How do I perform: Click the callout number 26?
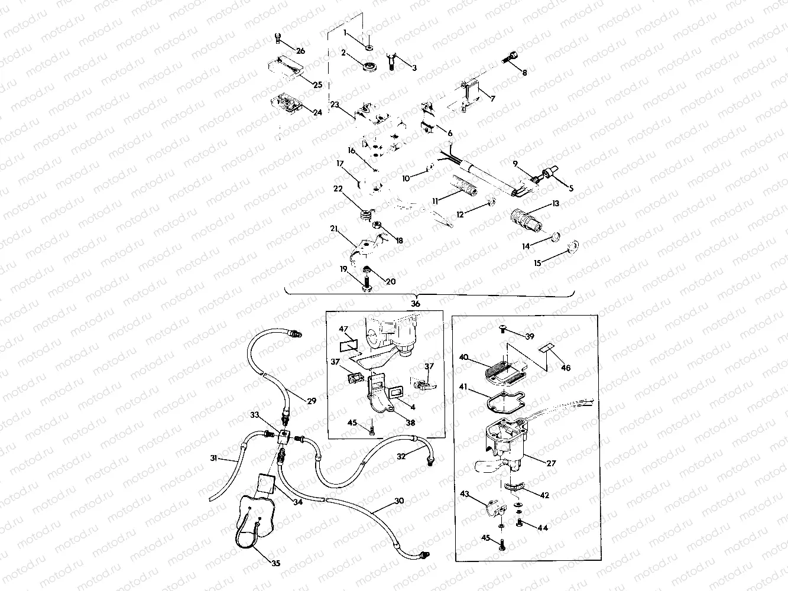pos(300,51)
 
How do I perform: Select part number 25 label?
pos(317,85)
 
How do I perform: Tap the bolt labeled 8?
pos(510,59)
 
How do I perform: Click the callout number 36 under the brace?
pos(416,303)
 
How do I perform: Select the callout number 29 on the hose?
pos(312,401)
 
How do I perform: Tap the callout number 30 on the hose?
pos(399,501)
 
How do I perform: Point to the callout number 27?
pos(551,463)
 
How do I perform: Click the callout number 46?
pos(566,368)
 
